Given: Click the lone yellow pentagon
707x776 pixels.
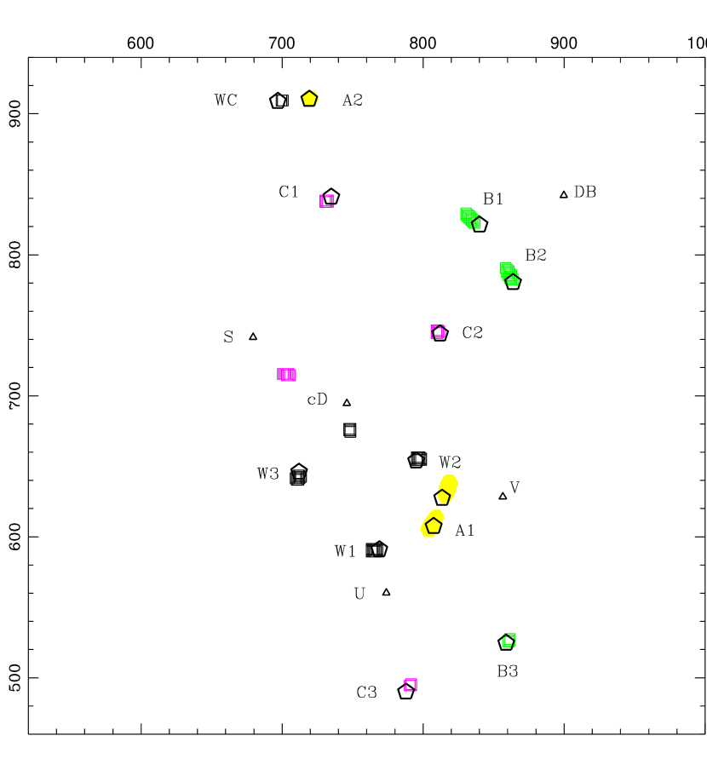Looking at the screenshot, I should click(x=309, y=98).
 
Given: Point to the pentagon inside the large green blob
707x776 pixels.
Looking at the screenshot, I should click(x=512, y=279).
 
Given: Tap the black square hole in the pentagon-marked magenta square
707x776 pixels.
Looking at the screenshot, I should click(x=438, y=331).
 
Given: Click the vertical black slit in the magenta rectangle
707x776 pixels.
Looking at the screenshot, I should click(x=285, y=375).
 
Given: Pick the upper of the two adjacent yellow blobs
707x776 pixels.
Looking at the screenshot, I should click(x=448, y=487).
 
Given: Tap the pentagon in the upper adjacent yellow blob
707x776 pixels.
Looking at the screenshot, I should click(x=443, y=496).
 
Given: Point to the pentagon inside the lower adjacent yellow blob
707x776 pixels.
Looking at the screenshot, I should click(x=434, y=525).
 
